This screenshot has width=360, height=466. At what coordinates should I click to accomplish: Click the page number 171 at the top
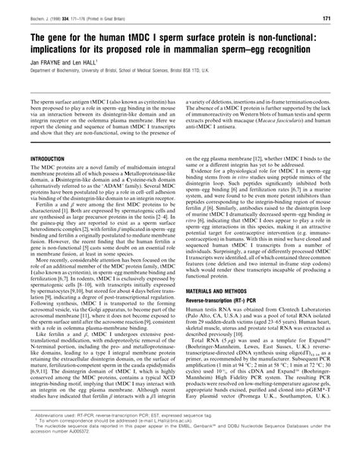point(345,17)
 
